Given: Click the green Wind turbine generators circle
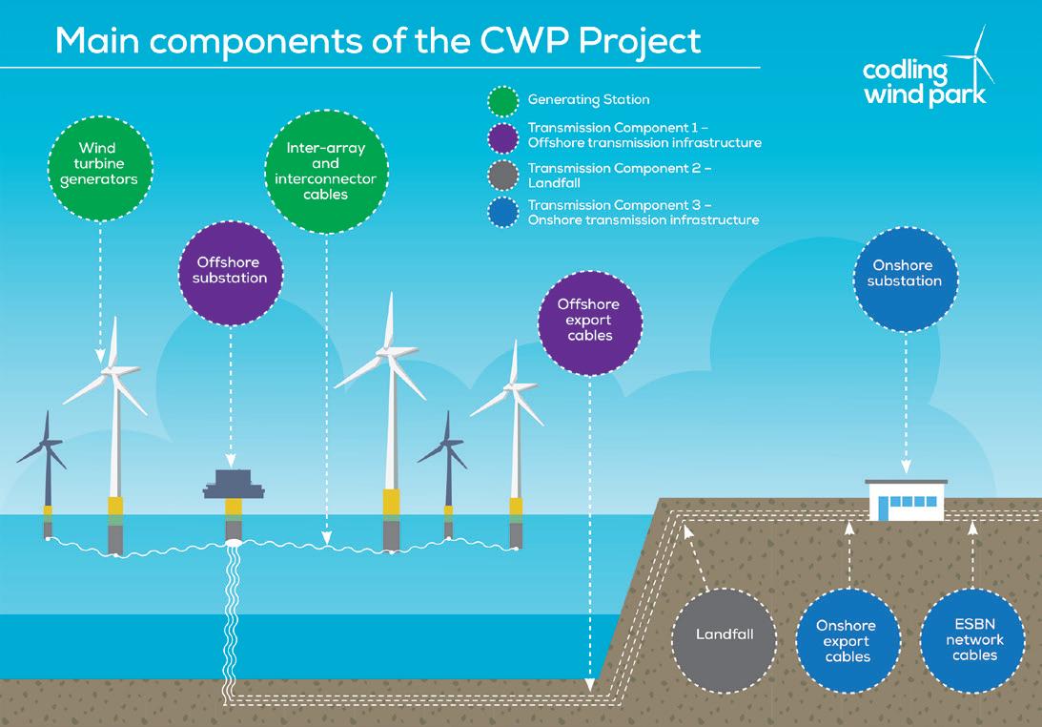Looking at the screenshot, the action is (100, 169).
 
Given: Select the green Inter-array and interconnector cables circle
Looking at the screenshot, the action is (326, 172).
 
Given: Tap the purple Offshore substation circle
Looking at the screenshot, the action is (231, 274).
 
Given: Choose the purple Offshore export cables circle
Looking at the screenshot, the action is (590, 323).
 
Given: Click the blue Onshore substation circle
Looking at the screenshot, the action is (905, 280).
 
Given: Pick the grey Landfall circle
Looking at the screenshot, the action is (725, 640).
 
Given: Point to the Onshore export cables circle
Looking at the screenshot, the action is (848, 640).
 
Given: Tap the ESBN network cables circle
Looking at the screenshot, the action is (973, 640).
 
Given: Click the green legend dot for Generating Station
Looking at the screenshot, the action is (503, 102).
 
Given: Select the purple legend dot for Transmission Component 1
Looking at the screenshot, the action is (503, 138).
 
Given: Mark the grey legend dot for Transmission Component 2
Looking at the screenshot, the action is (503, 176).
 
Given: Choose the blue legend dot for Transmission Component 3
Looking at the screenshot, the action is (503, 213).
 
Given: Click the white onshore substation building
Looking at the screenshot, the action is (907, 500).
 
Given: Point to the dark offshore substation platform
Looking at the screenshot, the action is (234, 485).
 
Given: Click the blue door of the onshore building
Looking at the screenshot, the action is (883, 509).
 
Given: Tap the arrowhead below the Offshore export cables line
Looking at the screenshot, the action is (589, 685).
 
